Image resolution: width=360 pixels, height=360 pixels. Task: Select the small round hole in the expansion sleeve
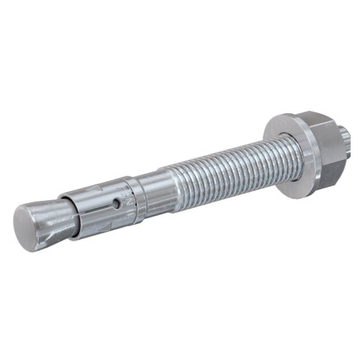[115, 204]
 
